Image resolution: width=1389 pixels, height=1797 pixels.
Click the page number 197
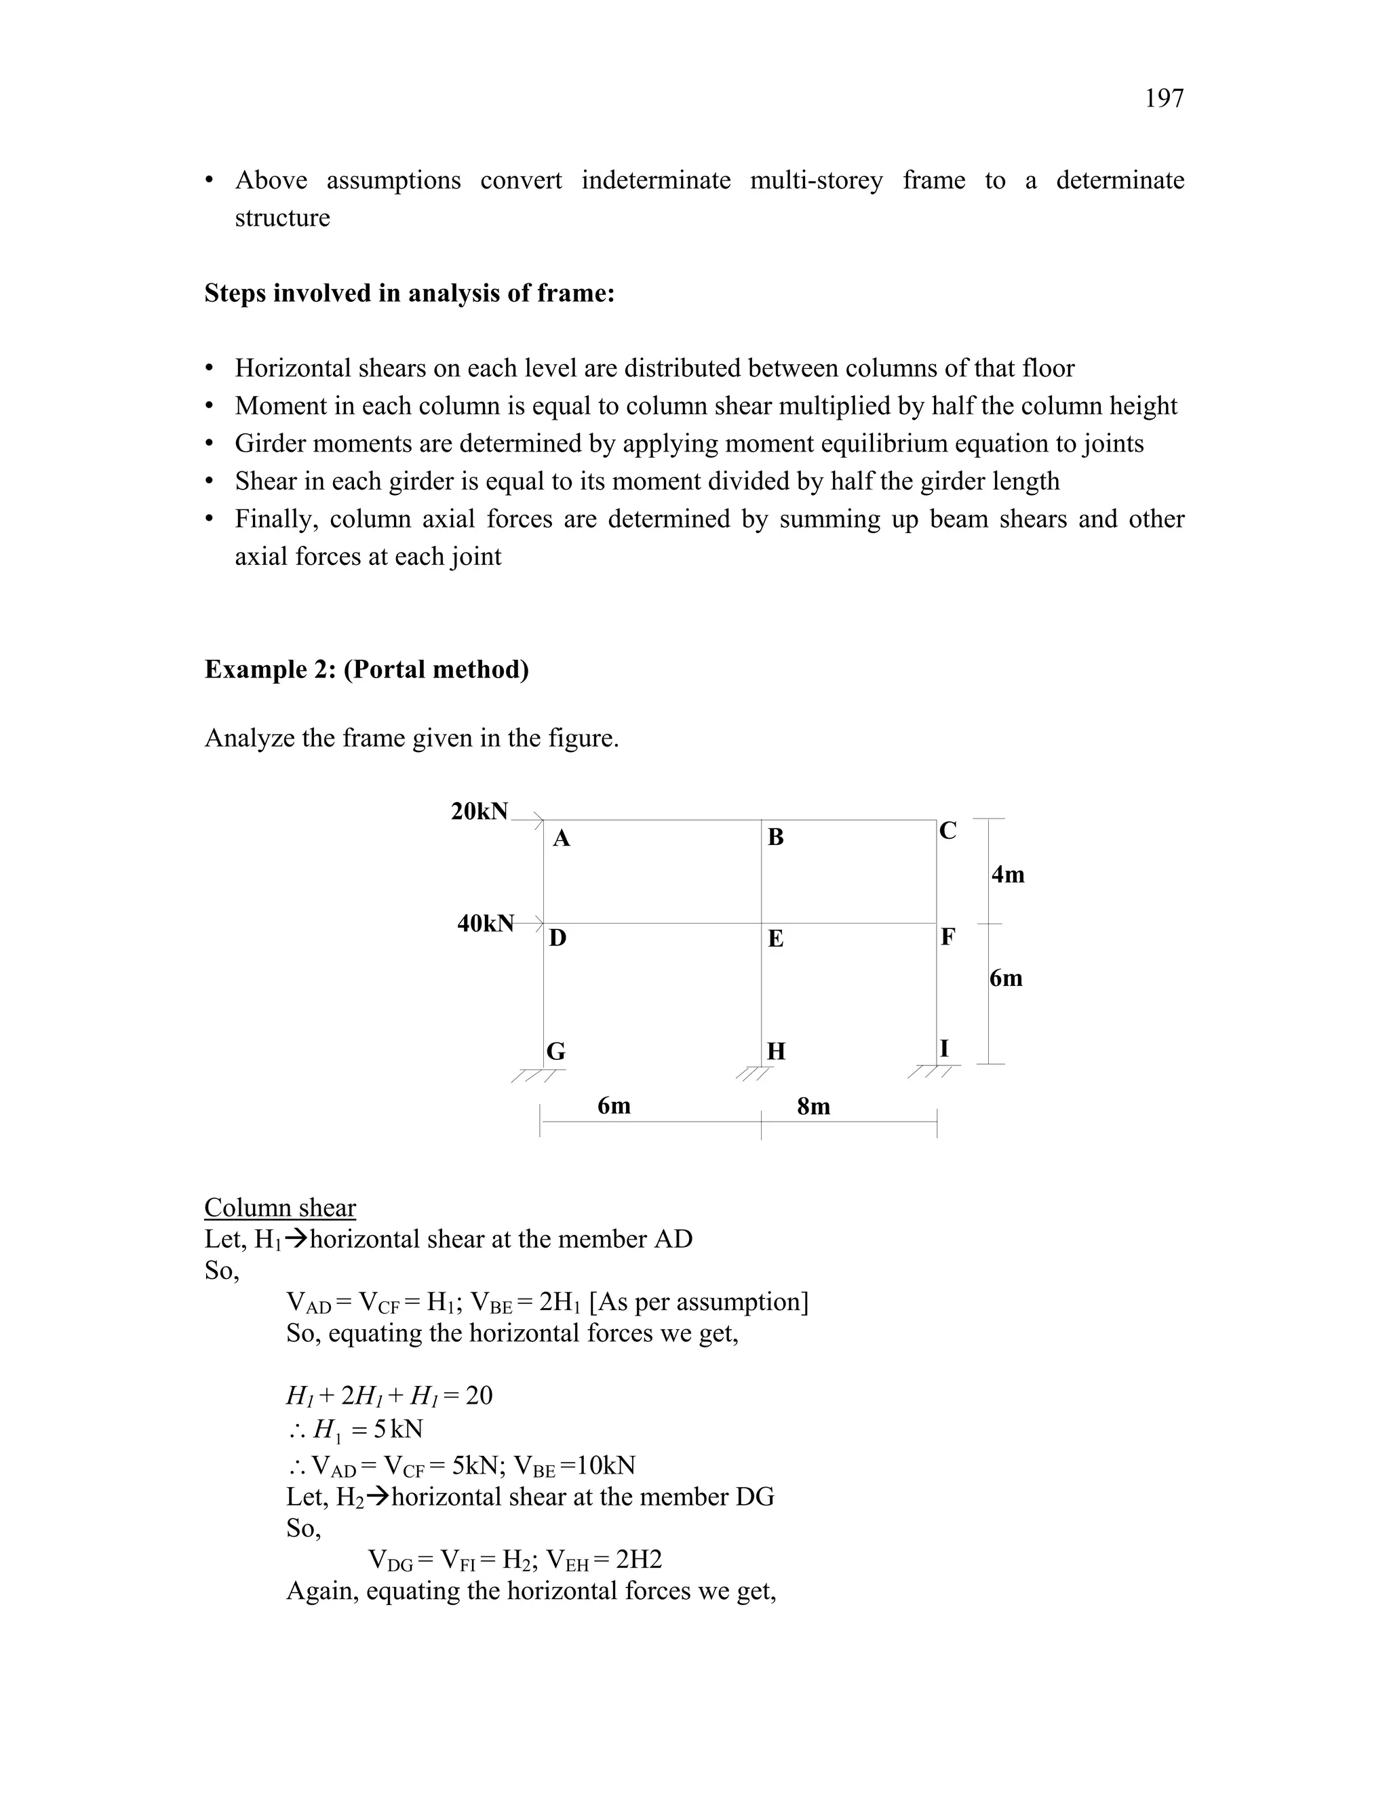(x=1164, y=98)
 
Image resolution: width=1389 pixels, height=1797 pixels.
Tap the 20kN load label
(x=479, y=811)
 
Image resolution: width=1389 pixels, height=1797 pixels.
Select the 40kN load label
(x=486, y=923)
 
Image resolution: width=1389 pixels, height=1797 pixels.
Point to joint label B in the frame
(x=775, y=837)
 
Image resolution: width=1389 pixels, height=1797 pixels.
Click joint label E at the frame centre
(x=775, y=939)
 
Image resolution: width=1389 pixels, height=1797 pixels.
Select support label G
(x=555, y=1052)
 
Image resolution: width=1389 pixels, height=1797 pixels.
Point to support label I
(x=944, y=1048)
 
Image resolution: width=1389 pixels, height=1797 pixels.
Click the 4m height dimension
(x=1007, y=875)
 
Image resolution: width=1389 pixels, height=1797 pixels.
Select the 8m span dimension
(x=813, y=1107)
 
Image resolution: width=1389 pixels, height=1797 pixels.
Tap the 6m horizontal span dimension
(x=614, y=1106)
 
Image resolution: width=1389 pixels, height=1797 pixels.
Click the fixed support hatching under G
(x=537, y=1075)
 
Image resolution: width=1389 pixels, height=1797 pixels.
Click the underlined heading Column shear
(x=280, y=1208)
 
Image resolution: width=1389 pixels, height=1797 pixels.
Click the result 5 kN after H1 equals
(x=397, y=1429)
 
